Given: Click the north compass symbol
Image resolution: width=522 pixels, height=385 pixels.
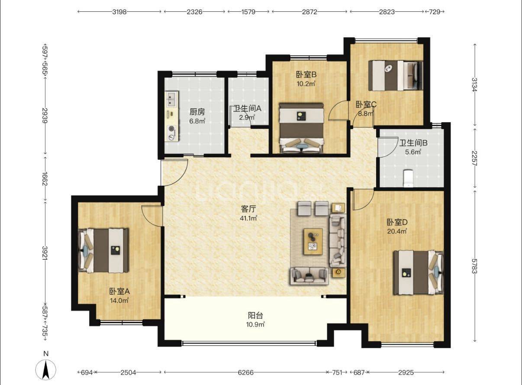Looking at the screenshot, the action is [46, 369].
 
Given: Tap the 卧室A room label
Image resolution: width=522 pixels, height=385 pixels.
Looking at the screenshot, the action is [119, 291].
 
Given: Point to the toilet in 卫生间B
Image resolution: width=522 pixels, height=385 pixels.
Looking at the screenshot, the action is [408, 178].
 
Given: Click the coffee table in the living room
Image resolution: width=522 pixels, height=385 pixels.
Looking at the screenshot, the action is [313, 241].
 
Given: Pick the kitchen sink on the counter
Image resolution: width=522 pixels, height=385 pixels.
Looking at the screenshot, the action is [171, 99].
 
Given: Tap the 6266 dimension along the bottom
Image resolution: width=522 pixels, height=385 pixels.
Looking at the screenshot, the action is [245, 372].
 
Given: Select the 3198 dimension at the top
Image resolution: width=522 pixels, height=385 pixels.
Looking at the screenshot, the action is [119, 12].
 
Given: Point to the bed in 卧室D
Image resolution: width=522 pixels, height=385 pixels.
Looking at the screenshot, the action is [419, 272].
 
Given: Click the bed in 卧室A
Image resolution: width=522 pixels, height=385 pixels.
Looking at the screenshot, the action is [103, 250].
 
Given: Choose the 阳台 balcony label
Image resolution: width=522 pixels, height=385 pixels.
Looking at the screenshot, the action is [255, 316].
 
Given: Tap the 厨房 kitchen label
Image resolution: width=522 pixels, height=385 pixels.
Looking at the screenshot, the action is [197, 112].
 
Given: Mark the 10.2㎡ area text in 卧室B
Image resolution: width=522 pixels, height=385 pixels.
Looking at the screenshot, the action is [306, 84].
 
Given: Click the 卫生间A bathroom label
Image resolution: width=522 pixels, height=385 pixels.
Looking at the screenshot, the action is [248, 108].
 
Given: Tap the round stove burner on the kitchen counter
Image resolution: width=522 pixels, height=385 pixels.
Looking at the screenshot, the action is [172, 128].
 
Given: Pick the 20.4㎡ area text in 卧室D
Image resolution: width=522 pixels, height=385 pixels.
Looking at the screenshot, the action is [397, 231].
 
